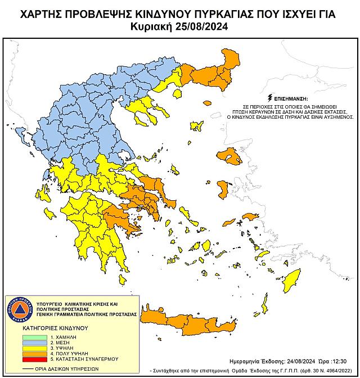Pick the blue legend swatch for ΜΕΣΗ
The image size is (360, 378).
35,341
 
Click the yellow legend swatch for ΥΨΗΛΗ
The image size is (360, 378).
35,349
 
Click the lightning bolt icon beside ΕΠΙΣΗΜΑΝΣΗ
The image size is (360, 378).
271,97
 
